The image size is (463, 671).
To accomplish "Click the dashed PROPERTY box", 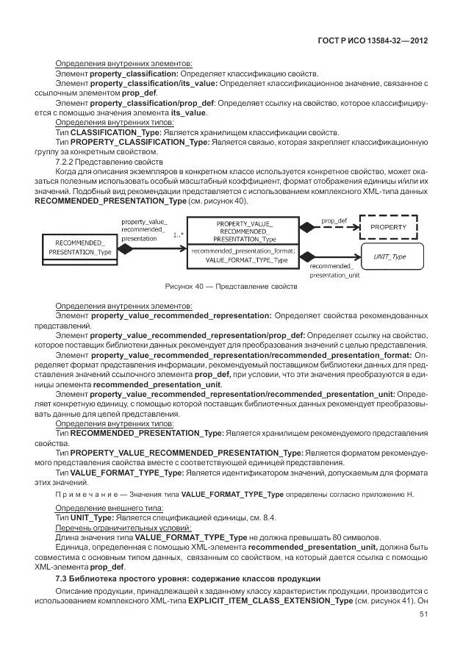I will tap(387, 228).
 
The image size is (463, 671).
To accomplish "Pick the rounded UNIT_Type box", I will tap(390, 256).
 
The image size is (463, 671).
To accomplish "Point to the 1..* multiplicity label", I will tap(177, 235).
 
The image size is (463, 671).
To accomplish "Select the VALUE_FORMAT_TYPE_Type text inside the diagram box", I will tap(245, 260).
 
